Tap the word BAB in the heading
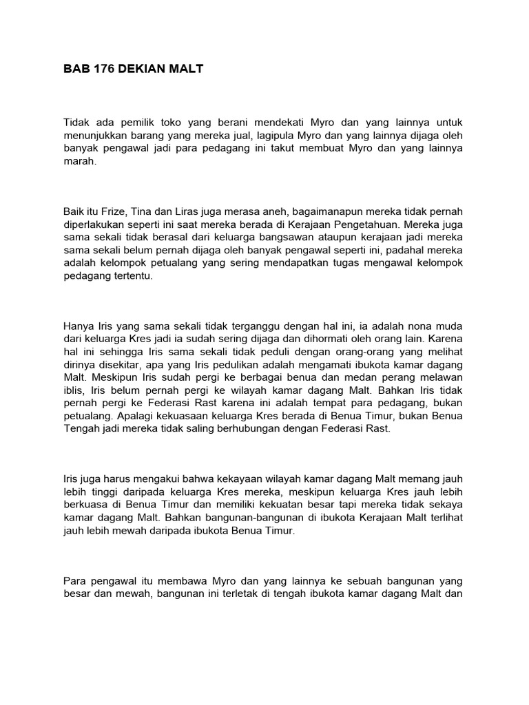pos(74,70)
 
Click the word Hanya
pos(78,325)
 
